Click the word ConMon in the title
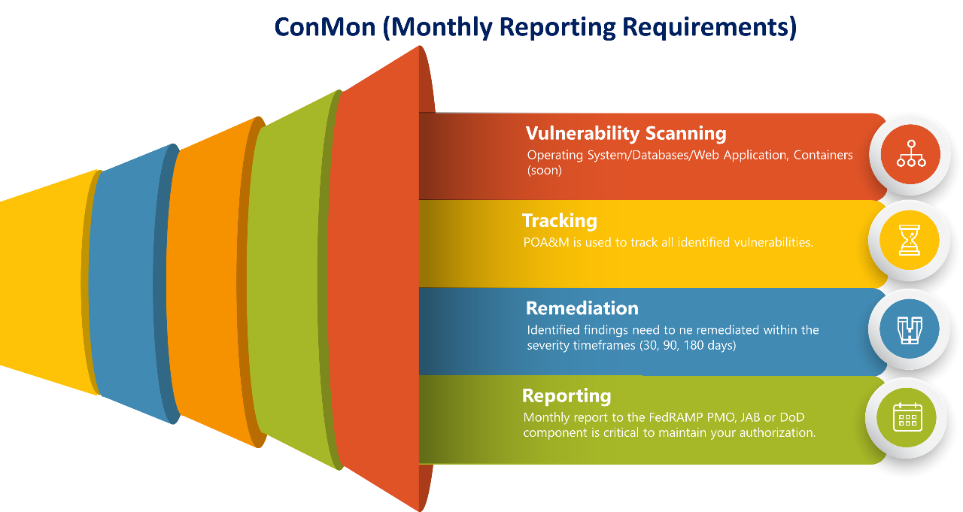pyautogui.click(x=324, y=27)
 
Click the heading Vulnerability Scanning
pyautogui.click(x=626, y=134)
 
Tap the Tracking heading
pyautogui.click(x=559, y=221)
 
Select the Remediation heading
pyautogui.click(x=582, y=308)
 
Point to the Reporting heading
pyautogui.click(x=566, y=396)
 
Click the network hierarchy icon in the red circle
pyautogui.click(x=910, y=154)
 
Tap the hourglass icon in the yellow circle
pyautogui.click(x=909, y=241)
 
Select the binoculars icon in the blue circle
pyautogui.click(x=909, y=329)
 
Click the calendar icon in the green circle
pyautogui.click(x=907, y=417)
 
